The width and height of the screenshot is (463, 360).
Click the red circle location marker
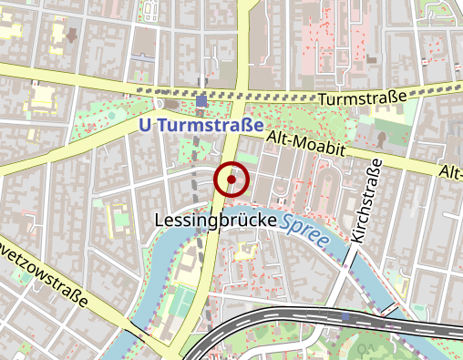coord(232,180)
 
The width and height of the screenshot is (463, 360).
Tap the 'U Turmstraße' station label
coord(201,126)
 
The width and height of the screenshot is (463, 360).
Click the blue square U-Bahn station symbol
coord(201,101)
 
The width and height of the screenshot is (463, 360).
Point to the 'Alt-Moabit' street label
coord(304,146)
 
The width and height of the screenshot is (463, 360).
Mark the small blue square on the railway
coord(346,317)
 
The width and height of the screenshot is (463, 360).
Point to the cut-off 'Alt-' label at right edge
coord(450,172)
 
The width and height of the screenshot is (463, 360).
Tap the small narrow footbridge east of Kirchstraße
coord(393,307)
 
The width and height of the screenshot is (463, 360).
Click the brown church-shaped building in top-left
coord(69,35)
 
